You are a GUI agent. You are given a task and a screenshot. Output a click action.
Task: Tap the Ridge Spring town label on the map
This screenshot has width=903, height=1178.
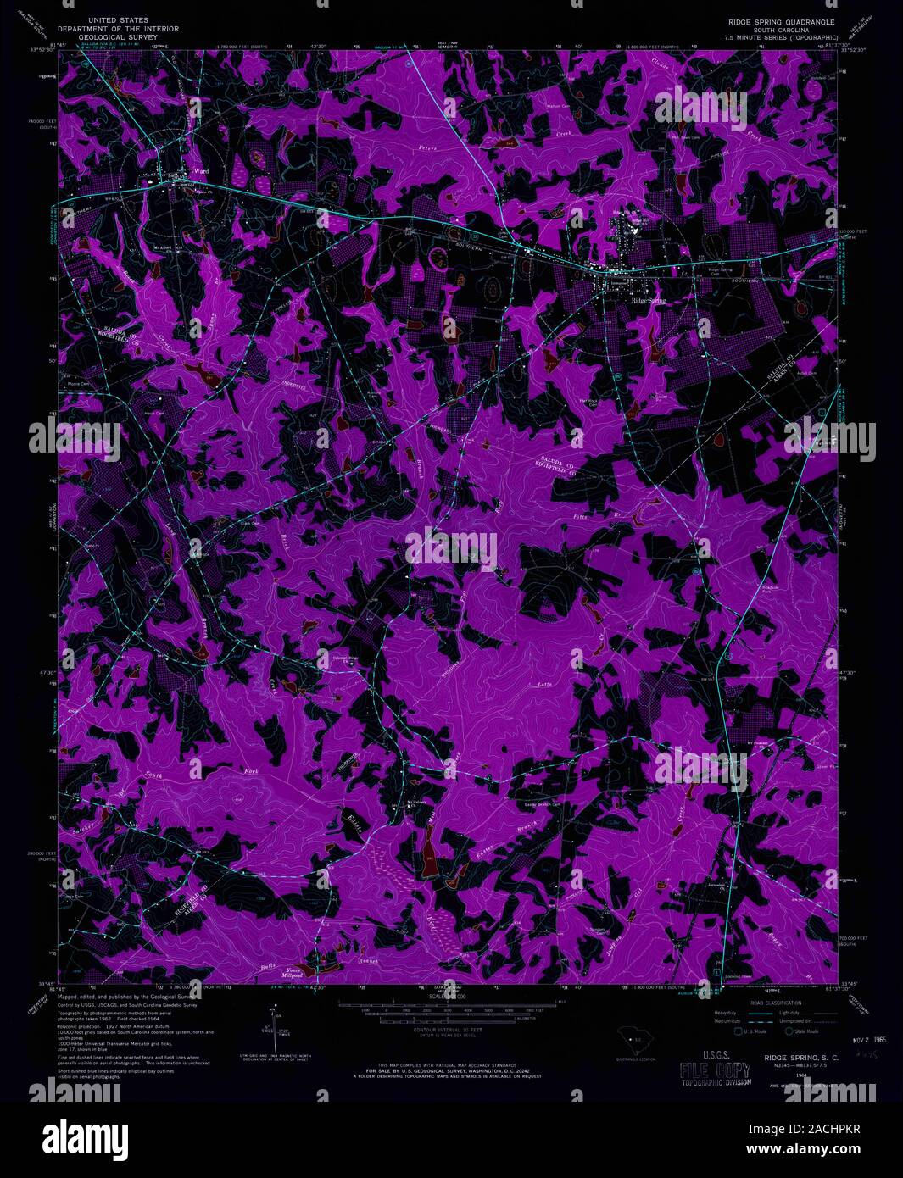point(649,300)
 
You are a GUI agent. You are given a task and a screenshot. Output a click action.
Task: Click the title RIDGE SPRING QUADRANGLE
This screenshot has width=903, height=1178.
point(776,20)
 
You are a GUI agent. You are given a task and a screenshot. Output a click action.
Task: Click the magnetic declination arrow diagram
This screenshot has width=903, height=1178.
point(273,1025)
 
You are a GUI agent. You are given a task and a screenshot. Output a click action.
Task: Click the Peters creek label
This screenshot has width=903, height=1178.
point(428,148)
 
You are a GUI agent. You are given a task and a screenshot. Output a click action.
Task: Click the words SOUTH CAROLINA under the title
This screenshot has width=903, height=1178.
point(776,29)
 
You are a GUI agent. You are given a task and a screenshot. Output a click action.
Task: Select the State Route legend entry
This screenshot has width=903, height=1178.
point(802,1031)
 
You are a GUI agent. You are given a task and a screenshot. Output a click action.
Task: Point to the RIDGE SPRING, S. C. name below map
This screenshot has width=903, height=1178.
point(800,1057)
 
